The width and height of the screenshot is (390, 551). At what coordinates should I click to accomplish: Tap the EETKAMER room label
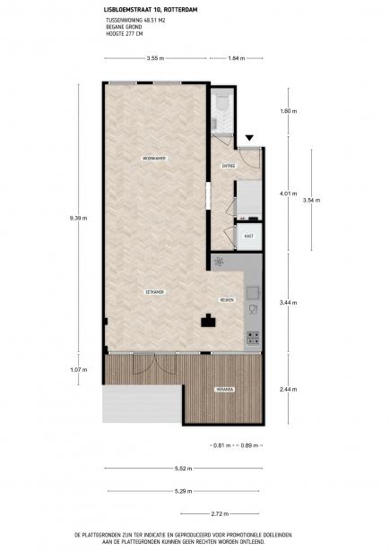(x=156, y=293)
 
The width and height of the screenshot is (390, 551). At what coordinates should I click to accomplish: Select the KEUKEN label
(x=227, y=301)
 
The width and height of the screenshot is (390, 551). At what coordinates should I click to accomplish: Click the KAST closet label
(x=248, y=236)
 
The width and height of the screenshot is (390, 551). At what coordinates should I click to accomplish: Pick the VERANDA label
(x=224, y=389)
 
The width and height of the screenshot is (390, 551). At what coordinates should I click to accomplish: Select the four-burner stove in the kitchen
(x=253, y=339)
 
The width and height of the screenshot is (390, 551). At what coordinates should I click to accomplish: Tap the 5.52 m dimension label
(x=183, y=469)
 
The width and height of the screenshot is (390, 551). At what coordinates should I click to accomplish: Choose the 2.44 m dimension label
(x=287, y=389)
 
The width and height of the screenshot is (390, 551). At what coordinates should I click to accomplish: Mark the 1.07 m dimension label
(x=78, y=369)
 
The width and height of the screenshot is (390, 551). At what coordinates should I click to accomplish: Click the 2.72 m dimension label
(x=222, y=514)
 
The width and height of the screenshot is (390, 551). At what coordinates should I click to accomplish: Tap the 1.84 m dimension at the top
(x=236, y=58)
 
